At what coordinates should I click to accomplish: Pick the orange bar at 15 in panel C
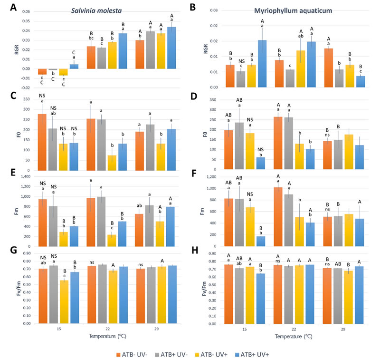[42, 142]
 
